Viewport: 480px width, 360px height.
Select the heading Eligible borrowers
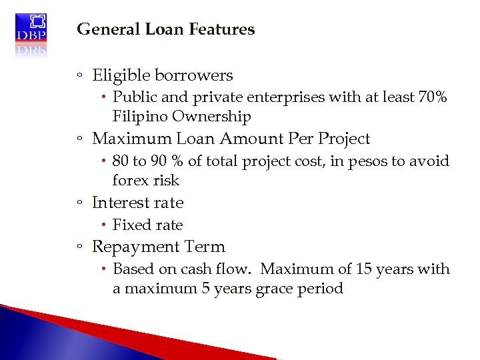pyautogui.click(x=162, y=75)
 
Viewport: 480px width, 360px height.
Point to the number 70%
pyautogui.click(x=432, y=97)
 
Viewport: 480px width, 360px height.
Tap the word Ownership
pyautogui.click(x=211, y=117)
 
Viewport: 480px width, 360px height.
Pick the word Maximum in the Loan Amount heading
pyautogui.click(x=129, y=139)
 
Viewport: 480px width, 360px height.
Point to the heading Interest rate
pyautogui.click(x=137, y=203)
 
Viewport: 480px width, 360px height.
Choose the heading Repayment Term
pyautogui.click(x=158, y=247)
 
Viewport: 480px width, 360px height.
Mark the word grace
pyautogui.click(x=273, y=289)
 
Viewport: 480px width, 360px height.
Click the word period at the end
pyautogui.click(x=321, y=289)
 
